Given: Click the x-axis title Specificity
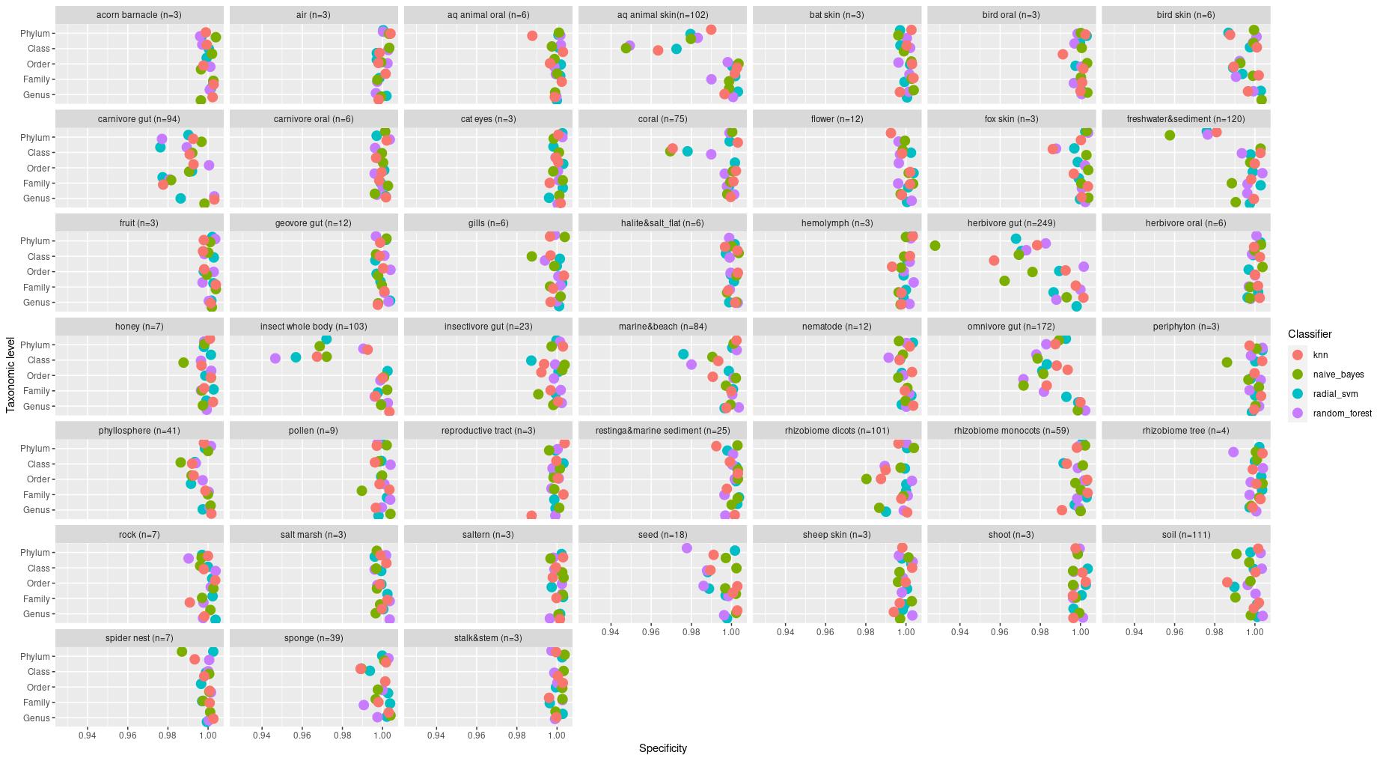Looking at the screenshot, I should click(662, 748).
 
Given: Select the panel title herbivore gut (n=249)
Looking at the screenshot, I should click(1011, 223).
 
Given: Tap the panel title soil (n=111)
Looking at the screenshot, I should click(1185, 535).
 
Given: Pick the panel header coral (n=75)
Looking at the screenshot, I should click(662, 119).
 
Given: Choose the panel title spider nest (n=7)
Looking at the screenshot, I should click(139, 638).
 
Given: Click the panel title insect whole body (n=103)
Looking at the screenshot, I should click(314, 327).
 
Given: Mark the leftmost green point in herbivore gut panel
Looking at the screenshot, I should click(935, 246).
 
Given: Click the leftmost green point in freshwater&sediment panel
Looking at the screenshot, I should click(1170, 135).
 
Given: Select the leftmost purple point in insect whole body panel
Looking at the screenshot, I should click(275, 358).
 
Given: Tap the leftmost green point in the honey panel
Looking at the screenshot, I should click(183, 363).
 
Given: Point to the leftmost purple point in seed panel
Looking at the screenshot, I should click(687, 548).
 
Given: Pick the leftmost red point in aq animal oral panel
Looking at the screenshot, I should click(532, 36).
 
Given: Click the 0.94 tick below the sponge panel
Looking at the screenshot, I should click(262, 736).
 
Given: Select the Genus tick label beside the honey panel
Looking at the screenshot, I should click(37, 407).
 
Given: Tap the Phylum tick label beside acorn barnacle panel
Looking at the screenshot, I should click(35, 34).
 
